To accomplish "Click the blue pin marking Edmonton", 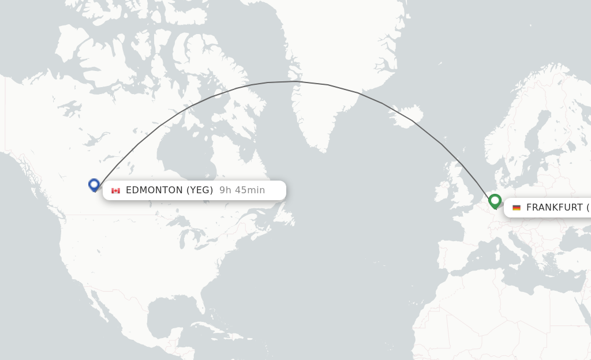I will click(94, 185).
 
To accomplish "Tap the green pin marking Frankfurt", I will click(495, 201).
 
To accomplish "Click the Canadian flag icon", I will click(116, 190).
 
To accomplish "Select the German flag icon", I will click(516, 208).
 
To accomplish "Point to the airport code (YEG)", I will click(200, 190).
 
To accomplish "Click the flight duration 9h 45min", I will click(242, 190).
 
